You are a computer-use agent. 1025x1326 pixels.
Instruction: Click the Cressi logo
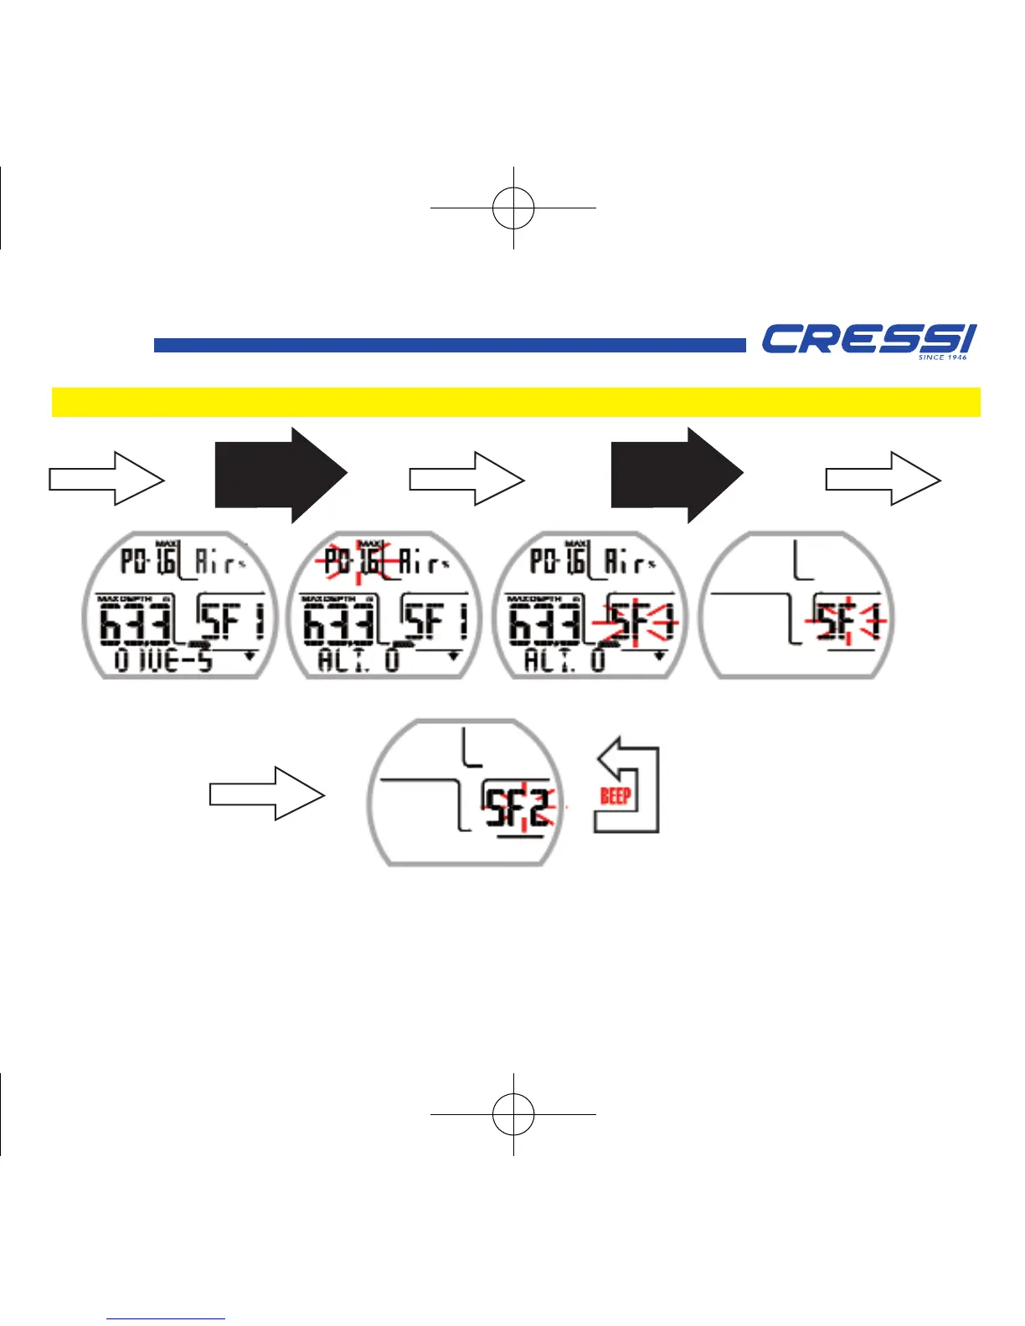tap(868, 338)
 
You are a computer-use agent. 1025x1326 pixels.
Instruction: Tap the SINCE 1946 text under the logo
tap(942, 357)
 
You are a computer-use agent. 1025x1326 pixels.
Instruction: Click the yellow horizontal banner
tap(516, 402)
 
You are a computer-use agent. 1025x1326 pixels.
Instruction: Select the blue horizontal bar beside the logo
tap(449, 345)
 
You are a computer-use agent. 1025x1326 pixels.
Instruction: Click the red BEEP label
tap(616, 795)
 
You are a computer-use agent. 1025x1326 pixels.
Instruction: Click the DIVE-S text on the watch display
tap(164, 660)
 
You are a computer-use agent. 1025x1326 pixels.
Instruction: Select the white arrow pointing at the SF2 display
tap(266, 793)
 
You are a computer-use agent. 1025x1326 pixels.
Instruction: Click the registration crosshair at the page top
tap(513, 207)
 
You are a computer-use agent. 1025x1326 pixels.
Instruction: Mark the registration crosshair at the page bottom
tap(513, 1114)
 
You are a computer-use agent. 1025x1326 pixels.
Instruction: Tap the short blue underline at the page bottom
tap(167, 1318)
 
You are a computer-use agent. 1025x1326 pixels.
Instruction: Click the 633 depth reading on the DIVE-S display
tap(136, 624)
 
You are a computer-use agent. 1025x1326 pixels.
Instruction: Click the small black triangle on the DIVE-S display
tap(250, 656)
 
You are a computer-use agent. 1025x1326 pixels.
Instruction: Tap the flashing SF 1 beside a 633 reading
tap(635, 623)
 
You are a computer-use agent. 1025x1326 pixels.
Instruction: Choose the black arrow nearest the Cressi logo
tap(677, 475)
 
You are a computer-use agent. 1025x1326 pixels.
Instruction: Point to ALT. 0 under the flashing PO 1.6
tap(358, 660)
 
